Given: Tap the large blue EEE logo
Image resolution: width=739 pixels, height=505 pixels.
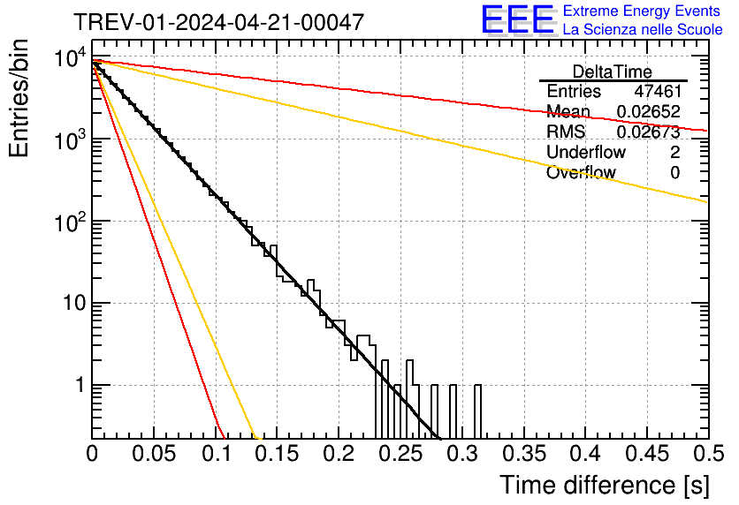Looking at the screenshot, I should pos(517,20).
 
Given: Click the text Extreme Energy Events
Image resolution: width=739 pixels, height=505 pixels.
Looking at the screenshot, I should pos(642,11).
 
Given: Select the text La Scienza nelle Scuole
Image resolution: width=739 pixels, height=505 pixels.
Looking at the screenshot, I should pos(642,30).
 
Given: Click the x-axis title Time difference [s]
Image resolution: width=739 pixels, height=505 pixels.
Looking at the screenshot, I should pos(603,485).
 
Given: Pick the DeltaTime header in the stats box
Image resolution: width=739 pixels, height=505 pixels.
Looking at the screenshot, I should pos(613,72).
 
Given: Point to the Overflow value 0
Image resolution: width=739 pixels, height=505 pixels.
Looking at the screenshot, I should pos(674,173).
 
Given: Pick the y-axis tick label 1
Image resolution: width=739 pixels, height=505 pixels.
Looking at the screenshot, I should pos(78,386).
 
